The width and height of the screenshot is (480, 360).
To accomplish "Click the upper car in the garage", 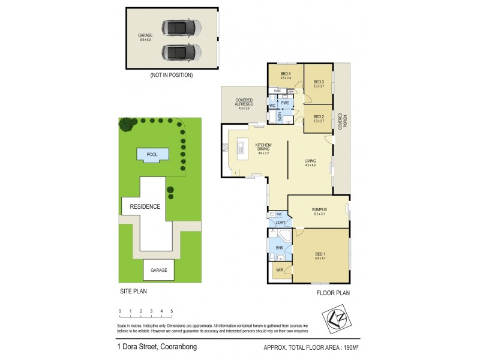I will [x=180, y=28].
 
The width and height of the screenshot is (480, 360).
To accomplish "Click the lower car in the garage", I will [x=180, y=52].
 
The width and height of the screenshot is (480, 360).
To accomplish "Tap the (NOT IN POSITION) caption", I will [x=172, y=76].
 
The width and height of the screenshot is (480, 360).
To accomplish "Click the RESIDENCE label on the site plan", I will [x=145, y=206].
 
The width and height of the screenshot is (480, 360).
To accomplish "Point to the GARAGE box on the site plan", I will [x=158, y=271].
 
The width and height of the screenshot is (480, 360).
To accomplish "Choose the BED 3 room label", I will [x=319, y=83].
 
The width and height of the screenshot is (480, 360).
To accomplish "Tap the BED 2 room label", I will [x=319, y=118].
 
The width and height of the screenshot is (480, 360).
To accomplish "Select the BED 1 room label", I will [x=322, y=256].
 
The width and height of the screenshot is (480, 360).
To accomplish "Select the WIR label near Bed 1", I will [x=280, y=271].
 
